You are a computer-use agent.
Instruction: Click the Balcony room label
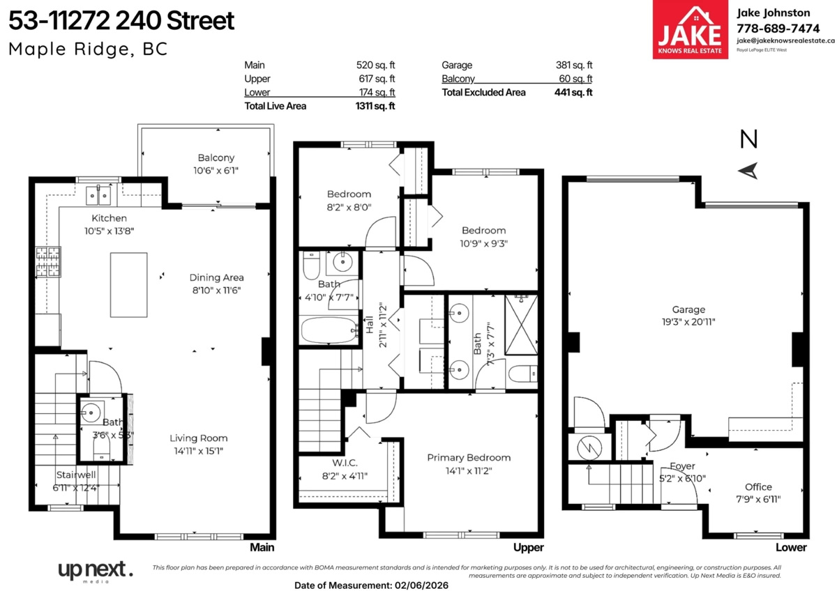[x=216, y=158]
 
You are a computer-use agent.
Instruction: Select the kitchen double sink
[x=99, y=197]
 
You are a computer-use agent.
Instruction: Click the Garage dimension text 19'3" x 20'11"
[x=688, y=322]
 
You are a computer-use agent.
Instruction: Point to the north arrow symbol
[x=748, y=170]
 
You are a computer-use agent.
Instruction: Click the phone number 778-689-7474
[x=778, y=28]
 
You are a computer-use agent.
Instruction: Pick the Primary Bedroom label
[x=469, y=458]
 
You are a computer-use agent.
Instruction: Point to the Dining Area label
[x=217, y=277]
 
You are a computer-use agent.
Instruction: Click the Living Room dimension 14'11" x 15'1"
[x=199, y=451]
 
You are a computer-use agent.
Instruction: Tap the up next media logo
[x=96, y=571]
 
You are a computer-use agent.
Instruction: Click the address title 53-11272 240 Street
[x=121, y=21]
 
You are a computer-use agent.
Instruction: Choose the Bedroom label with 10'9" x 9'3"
[x=483, y=231]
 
